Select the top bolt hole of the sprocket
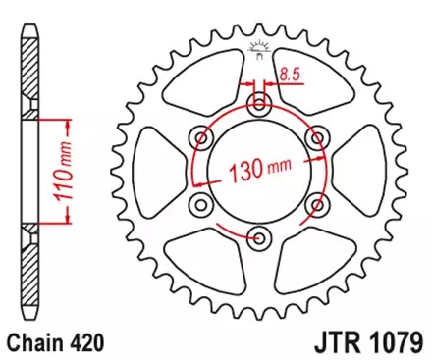coord(259,105)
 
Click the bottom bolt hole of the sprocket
coord(259,234)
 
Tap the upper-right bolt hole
coord(316,137)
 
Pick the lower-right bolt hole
coord(316,202)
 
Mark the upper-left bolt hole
coord(202,137)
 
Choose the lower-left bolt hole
coord(202,202)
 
